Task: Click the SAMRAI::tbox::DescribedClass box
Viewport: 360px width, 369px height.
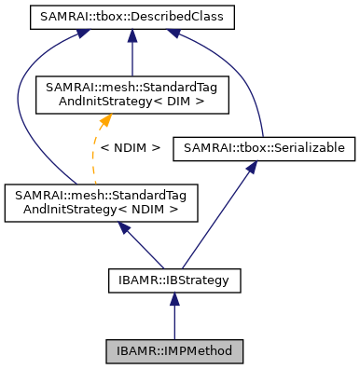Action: [x=133, y=17]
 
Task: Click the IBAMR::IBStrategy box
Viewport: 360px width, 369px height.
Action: [x=173, y=278]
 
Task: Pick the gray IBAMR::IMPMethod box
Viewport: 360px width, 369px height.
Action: [x=173, y=351]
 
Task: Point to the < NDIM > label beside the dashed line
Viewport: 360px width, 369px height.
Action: [x=130, y=147]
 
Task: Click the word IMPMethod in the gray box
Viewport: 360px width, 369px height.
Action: [x=195, y=351]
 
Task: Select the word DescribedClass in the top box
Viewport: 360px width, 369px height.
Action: [x=164, y=17]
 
